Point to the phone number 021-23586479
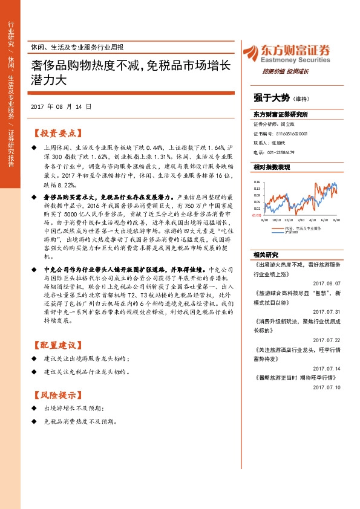point(283,152)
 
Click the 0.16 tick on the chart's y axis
point(256,181)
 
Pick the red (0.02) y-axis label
point(256,215)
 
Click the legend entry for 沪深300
point(293,232)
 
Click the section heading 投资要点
point(56,133)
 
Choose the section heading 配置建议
point(56,345)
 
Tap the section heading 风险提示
point(56,396)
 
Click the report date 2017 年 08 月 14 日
point(61,106)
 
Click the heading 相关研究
point(265,254)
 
